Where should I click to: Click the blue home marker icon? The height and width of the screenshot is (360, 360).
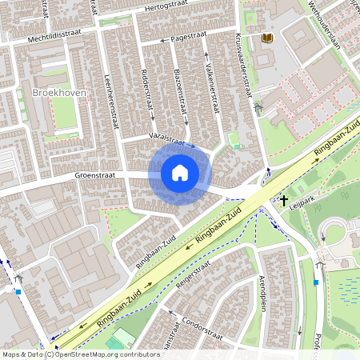point(180,173)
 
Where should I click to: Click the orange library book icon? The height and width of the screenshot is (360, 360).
point(266,38)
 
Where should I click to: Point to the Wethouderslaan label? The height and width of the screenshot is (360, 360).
point(323,24)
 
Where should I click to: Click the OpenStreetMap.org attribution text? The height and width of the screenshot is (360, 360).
point(97,354)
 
